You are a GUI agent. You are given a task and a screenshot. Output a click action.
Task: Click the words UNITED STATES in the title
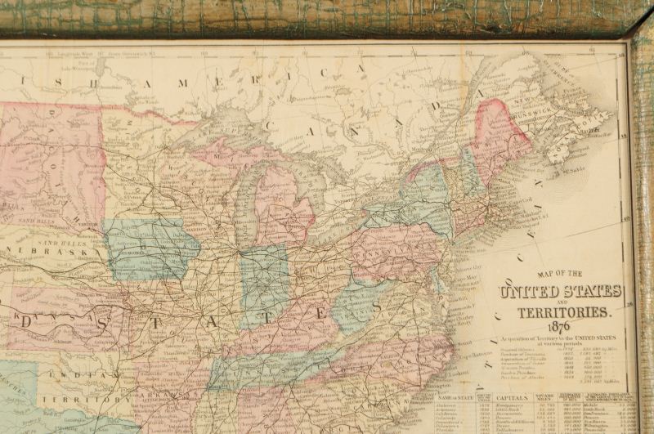(560, 292)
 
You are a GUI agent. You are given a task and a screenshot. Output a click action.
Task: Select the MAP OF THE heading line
(558, 274)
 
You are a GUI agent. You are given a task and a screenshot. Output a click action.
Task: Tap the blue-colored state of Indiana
(263, 282)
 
